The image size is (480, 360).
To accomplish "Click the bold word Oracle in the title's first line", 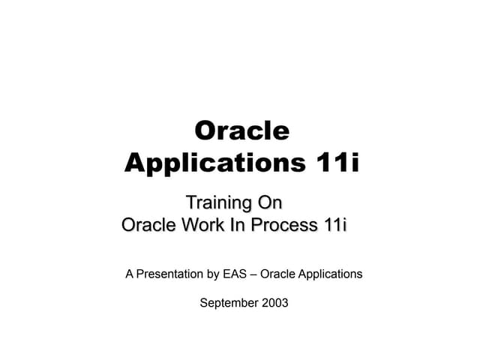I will click(x=241, y=130).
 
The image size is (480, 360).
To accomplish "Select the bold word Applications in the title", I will click(x=211, y=163).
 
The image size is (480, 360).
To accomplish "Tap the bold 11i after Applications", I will click(x=333, y=163).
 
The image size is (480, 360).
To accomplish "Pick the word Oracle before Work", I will click(x=147, y=225).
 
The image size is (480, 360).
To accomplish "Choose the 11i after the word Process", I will click(x=334, y=225).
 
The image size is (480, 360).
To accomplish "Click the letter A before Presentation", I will click(x=130, y=274).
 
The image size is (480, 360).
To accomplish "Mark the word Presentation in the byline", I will click(x=170, y=274).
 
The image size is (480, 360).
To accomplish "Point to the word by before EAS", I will click(x=214, y=274).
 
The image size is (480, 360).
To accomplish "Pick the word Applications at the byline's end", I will click(x=330, y=274).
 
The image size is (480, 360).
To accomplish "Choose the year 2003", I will click(x=274, y=303).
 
